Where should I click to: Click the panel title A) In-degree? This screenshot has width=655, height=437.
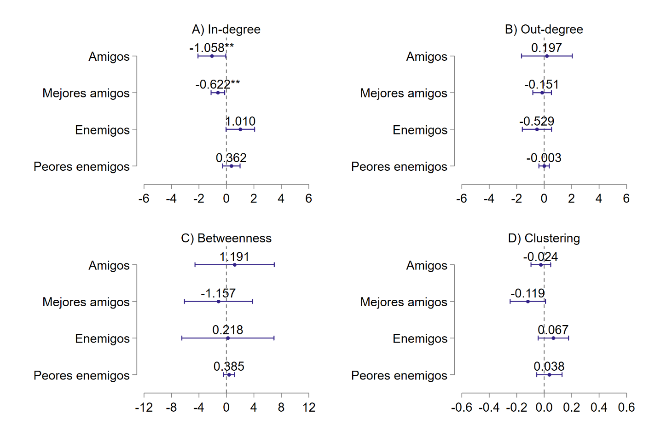click(226, 29)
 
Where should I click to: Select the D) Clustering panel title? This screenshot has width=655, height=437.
click(544, 239)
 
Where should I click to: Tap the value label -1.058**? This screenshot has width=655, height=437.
click(211, 48)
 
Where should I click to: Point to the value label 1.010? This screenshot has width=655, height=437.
click(240, 122)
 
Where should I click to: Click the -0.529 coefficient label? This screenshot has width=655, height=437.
click(537, 122)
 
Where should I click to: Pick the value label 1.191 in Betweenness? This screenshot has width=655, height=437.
click(234, 257)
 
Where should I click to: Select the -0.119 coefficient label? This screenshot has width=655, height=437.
click(527, 293)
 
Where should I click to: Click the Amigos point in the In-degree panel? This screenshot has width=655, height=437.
click(212, 56)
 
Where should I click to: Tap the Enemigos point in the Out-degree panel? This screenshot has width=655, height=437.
click(537, 129)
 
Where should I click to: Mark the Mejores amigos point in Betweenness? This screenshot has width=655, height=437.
click(218, 302)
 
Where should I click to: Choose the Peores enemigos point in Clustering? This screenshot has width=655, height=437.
click(549, 375)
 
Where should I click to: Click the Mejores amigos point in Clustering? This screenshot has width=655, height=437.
click(527, 302)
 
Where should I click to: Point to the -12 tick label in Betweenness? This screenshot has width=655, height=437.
click(144, 408)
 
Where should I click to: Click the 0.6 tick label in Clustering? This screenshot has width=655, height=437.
click(626, 408)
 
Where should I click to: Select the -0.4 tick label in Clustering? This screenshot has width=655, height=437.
click(489, 408)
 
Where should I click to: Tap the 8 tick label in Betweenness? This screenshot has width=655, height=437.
click(281, 408)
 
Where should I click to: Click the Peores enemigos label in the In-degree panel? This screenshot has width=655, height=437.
click(81, 167)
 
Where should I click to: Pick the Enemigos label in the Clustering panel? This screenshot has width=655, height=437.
click(420, 339)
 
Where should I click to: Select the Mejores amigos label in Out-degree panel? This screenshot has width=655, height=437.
click(403, 93)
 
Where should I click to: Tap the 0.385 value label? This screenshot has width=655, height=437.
click(229, 367)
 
